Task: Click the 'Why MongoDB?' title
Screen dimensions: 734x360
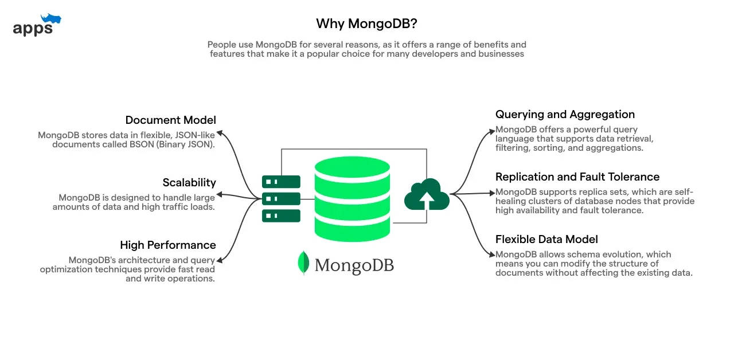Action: click(x=366, y=24)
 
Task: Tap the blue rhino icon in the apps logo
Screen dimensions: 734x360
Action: click(x=51, y=19)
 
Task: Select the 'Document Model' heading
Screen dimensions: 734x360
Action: click(x=170, y=120)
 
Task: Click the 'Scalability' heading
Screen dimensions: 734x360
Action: click(x=189, y=182)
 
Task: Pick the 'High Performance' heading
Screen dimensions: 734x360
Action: click(x=168, y=245)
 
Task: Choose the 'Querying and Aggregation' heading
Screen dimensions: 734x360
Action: click(x=565, y=114)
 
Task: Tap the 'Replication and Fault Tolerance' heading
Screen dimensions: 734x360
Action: click(x=577, y=177)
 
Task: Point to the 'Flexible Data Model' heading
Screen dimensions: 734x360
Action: click(x=546, y=240)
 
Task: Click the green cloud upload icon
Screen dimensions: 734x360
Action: click(x=427, y=194)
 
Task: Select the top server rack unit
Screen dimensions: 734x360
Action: click(x=281, y=182)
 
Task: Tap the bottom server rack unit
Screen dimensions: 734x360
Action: click(x=281, y=216)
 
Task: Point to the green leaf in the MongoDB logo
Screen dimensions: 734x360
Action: click(x=303, y=263)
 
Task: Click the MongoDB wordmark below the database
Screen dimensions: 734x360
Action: click(x=354, y=265)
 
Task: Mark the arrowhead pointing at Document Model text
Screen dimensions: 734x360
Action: click(x=220, y=132)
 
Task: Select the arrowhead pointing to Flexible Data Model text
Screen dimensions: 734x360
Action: click(x=492, y=255)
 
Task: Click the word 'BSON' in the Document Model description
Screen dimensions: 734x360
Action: click(x=142, y=144)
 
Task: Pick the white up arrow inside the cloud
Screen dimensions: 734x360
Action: click(x=427, y=200)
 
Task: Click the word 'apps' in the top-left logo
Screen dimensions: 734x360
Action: click(x=33, y=29)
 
